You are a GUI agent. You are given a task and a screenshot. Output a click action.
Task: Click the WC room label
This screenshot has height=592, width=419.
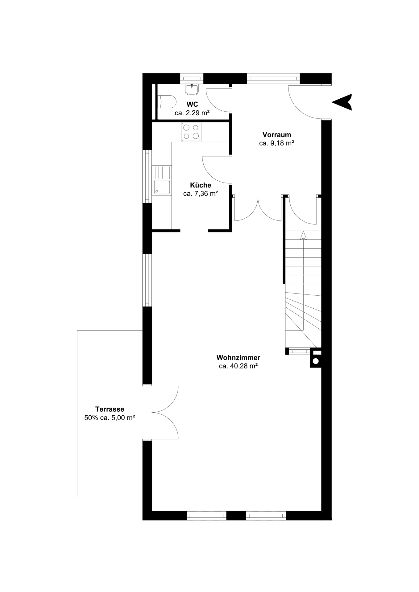click(x=192, y=105)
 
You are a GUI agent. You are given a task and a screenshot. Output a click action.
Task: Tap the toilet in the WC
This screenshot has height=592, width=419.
click(x=167, y=101)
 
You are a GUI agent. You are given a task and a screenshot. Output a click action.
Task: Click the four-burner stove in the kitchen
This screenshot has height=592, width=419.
click(x=191, y=132)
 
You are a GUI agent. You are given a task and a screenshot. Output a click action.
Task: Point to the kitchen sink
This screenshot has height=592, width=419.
click(x=162, y=180)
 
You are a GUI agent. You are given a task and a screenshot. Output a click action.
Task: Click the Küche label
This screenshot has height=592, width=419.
click(x=201, y=185)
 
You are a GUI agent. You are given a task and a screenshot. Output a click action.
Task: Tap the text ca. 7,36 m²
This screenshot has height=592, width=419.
click(x=201, y=194)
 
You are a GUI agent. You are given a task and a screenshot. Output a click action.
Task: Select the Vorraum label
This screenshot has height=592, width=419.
click(x=277, y=135)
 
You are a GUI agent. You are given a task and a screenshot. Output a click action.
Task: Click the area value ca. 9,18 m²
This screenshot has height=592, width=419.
click(x=276, y=143)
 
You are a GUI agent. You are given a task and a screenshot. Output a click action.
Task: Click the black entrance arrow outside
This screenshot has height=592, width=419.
click(x=342, y=102)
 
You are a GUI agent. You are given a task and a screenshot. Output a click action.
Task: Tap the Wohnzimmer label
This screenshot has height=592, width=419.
click(x=238, y=358)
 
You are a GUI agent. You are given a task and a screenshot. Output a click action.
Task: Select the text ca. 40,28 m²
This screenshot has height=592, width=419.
click(x=238, y=366)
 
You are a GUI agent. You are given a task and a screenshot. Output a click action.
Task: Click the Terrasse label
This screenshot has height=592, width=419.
click(x=110, y=409)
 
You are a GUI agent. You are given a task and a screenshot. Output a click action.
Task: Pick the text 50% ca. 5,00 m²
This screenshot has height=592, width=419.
click(x=110, y=418)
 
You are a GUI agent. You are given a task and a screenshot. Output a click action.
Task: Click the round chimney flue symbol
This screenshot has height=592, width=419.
click(x=316, y=361)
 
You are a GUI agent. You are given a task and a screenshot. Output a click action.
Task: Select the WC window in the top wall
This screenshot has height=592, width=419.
click(x=192, y=78)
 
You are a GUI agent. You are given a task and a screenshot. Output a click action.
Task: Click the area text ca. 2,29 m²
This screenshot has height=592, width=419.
click(x=192, y=113)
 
